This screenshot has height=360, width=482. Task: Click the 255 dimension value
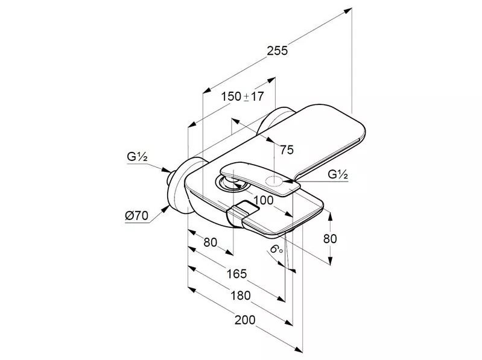click(277, 51)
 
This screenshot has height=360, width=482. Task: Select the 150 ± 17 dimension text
click(243, 96)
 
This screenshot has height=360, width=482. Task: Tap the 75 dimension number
click(287, 150)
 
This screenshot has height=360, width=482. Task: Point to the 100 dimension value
click(264, 200)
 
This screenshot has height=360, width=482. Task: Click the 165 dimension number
click(236, 273)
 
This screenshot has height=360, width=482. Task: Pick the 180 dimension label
click(241, 295)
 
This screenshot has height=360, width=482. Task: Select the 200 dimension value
click(245, 320)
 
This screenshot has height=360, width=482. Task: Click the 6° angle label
click(276, 249)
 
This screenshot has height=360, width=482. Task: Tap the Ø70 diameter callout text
click(136, 216)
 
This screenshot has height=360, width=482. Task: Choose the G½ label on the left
click(137, 157)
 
